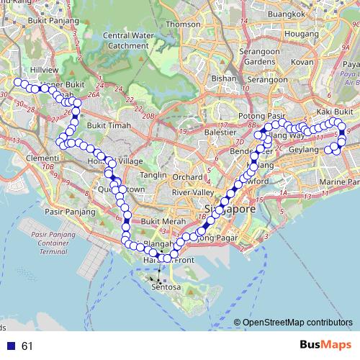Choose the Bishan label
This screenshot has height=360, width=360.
pos(224,78)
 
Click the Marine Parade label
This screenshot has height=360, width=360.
pos(338,181)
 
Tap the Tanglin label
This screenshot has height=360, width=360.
pos(153,175)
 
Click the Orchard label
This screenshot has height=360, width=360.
pos(187,176)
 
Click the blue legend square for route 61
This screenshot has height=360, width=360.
pos(11,346)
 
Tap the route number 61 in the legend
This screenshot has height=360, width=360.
pos(27,346)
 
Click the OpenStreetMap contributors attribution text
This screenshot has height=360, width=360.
pos(297,323)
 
